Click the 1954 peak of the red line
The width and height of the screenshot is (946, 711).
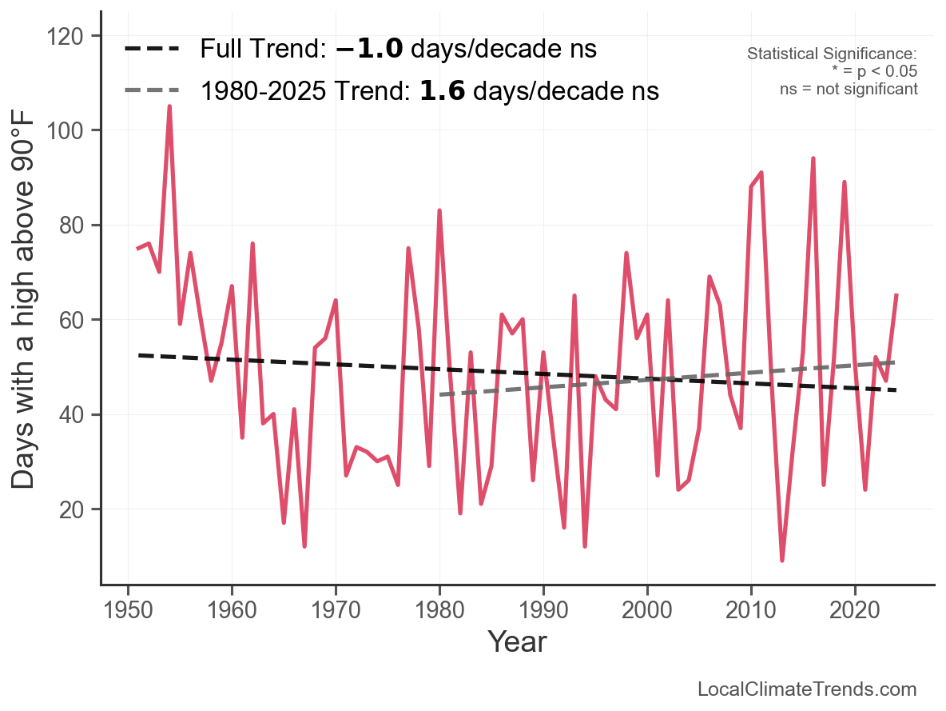point(169,106)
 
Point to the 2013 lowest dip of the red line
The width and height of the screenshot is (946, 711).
point(782,561)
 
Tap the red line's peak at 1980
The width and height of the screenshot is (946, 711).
point(439,210)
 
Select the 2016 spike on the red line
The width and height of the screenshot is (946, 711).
point(813,158)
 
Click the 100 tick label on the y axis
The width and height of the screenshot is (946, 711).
point(73,130)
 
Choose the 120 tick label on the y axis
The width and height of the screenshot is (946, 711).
point(73,36)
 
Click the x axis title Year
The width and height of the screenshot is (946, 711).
point(517,641)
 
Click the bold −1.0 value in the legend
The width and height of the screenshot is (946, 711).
point(368,50)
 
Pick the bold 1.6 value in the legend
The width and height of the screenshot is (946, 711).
point(443,91)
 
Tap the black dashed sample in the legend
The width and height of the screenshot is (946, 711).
point(151,50)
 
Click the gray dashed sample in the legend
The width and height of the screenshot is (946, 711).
point(151,91)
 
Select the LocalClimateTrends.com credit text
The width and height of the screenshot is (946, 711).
point(807,689)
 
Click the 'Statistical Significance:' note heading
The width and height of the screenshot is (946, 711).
point(832,54)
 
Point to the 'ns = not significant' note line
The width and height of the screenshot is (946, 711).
point(849,89)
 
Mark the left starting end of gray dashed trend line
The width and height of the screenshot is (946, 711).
point(440,394)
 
